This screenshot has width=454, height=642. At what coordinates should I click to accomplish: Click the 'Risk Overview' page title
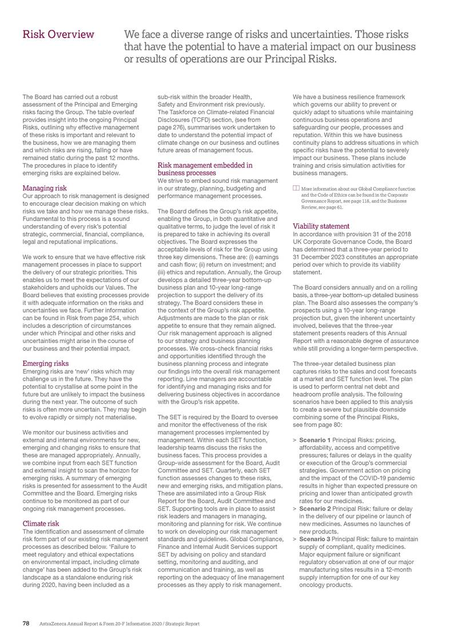tap(58, 35)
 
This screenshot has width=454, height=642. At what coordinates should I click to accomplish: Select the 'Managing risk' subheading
tap(45, 188)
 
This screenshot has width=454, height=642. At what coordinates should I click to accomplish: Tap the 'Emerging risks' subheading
tap(46, 363)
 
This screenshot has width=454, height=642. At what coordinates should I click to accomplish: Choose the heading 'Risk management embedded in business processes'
tap(204, 169)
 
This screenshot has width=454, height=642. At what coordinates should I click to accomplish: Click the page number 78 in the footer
tap(26, 623)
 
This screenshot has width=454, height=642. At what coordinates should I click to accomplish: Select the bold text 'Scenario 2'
tap(318, 507)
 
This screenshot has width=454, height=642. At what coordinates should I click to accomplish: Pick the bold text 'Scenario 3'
tap(318, 538)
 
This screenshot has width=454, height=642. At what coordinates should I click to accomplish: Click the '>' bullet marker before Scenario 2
tap(294, 507)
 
